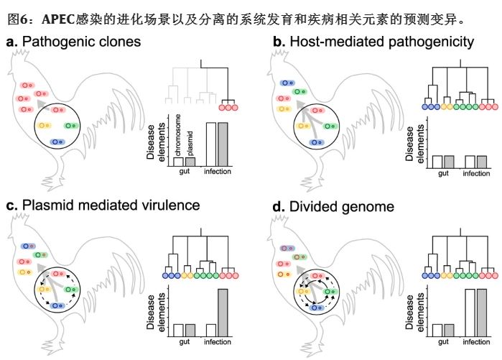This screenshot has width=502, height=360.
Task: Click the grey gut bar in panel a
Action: pos(190,162)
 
